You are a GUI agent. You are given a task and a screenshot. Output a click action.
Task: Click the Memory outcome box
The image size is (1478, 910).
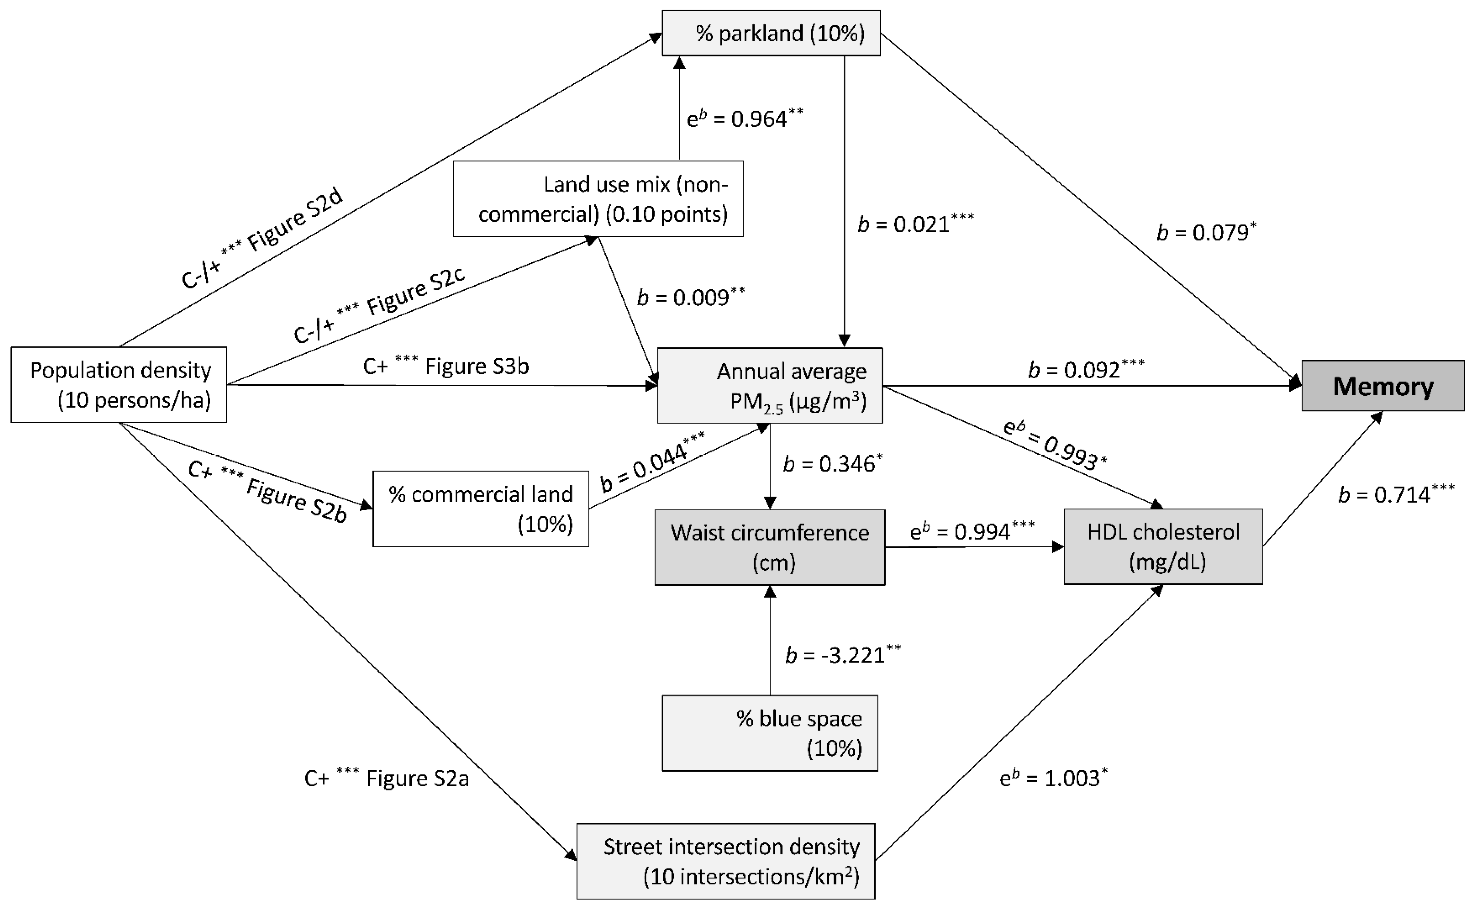click(x=1382, y=386)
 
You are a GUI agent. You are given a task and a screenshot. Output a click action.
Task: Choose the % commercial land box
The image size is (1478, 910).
click(x=480, y=509)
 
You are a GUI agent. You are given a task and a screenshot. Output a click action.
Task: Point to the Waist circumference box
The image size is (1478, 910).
click(x=769, y=547)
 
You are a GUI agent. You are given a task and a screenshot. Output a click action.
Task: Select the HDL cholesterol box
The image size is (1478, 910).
click(x=1163, y=546)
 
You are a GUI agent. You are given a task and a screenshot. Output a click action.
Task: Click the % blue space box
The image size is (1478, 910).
click(x=769, y=733)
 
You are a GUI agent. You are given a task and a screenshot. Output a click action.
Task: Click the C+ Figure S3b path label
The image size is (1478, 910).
click(x=445, y=366)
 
